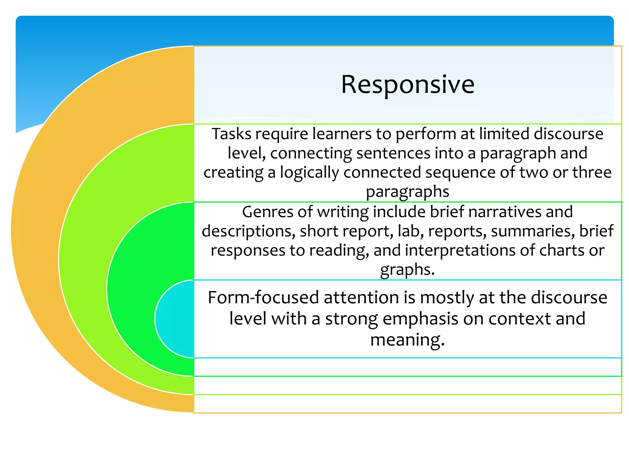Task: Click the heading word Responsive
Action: (x=408, y=85)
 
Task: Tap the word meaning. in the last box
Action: (x=407, y=340)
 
